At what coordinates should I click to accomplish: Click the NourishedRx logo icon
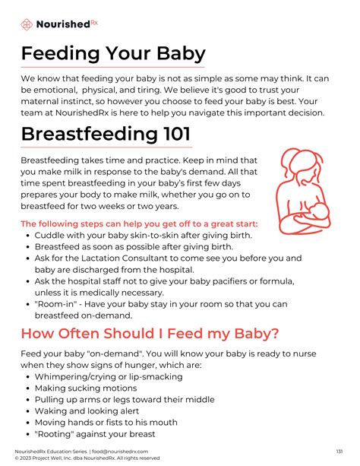click(x=27, y=24)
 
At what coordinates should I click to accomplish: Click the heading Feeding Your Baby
click(x=113, y=54)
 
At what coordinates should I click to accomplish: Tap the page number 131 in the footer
click(x=339, y=451)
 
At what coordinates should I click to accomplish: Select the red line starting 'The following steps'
click(x=139, y=223)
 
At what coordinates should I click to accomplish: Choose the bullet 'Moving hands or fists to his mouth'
click(x=106, y=422)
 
